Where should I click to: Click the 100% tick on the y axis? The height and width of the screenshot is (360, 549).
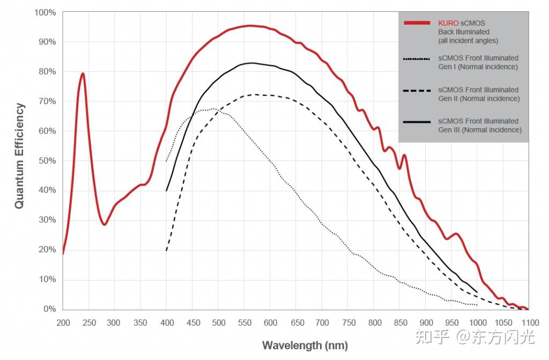tap(45, 12)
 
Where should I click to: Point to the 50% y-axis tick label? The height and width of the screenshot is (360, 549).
tap(47, 160)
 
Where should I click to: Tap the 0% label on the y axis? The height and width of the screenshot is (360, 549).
tap(49, 309)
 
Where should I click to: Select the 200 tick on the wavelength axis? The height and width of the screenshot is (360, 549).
tap(63, 322)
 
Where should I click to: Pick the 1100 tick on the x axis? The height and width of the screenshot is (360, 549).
tap(529, 322)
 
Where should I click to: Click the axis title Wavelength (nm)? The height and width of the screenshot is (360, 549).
tap(305, 345)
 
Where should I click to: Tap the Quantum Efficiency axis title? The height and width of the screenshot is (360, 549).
tap(19, 156)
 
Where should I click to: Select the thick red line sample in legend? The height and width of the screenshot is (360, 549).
tap(417, 23)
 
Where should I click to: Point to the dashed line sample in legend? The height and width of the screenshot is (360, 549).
tap(417, 91)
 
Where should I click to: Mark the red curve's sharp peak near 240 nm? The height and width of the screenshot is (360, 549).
tap(83, 74)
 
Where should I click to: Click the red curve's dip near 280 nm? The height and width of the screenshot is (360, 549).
tap(105, 224)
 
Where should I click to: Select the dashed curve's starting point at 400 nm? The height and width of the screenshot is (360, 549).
tap(167, 250)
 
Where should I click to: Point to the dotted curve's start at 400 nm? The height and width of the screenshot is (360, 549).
tap(167, 160)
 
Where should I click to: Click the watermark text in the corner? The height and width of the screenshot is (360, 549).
tap(487, 337)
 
